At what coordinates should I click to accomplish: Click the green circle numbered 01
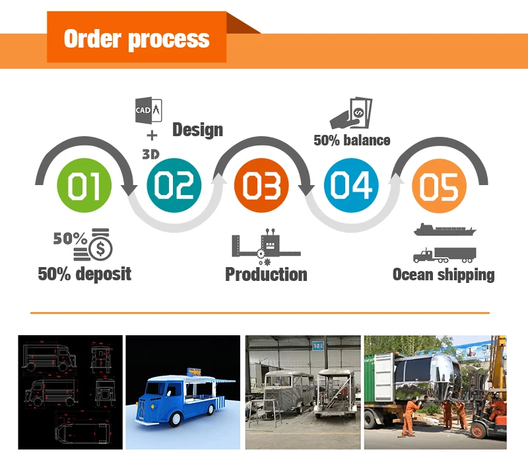86,185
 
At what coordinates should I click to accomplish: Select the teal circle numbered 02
174,185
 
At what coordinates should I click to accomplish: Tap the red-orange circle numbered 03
262,185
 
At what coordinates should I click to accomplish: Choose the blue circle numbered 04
352,185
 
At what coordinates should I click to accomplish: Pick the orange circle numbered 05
439,185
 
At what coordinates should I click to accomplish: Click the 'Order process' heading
137,38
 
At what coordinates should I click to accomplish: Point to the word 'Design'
197,130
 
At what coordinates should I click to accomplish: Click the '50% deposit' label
84,273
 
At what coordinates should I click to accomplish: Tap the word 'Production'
266,274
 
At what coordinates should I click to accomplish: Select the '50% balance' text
352,140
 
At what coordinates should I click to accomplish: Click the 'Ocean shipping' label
444,274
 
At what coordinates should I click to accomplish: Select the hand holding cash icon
351,113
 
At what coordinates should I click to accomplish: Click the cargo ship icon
444,231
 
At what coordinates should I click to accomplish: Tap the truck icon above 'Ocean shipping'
444,254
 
